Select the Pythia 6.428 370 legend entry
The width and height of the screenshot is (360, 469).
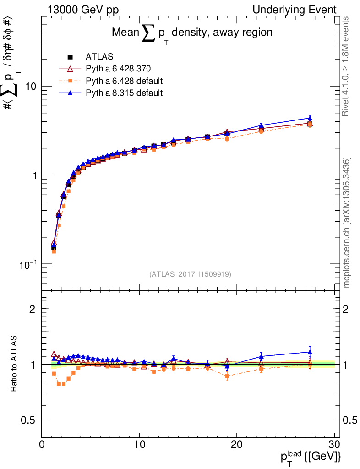(118, 69)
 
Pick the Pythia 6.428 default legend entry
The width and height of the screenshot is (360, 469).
(124, 81)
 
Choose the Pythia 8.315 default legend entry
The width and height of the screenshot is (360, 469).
(124, 93)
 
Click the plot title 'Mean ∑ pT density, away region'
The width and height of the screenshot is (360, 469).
(192, 33)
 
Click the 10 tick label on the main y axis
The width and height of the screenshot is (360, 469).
(30, 87)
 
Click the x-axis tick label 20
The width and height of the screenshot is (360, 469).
(237, 445)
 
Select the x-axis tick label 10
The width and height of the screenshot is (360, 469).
(139, 445)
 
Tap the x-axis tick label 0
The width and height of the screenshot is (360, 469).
(42, 445)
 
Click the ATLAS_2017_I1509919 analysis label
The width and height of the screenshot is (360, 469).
(190, 274)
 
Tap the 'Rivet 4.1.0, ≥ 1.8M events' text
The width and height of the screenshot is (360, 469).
(347, 66)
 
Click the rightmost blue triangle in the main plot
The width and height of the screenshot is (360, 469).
(310, 118)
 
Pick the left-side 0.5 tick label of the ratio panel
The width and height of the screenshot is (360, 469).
(28, 420)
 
